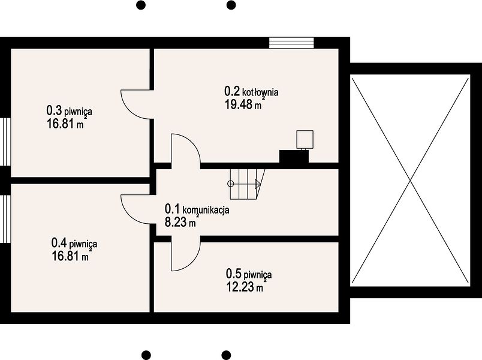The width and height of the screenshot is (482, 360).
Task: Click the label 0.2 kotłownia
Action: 251,92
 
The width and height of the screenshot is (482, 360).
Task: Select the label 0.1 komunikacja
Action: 197,209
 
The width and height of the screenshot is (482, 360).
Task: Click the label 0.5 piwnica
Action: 249,274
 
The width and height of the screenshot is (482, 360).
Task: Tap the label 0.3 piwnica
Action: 69,110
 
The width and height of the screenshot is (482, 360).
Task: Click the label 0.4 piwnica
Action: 74,244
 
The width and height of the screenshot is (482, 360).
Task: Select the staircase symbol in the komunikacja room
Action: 247,184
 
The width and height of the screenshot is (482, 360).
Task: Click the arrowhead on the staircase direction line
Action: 258,184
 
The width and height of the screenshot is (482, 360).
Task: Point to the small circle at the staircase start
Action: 231,184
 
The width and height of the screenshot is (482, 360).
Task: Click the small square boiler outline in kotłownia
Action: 305,139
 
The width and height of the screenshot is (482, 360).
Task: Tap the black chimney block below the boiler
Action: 294,157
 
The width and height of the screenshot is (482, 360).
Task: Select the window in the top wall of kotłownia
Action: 291,43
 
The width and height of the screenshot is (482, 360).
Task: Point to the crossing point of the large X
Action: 411,181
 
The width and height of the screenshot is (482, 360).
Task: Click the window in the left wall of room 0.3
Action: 5,142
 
